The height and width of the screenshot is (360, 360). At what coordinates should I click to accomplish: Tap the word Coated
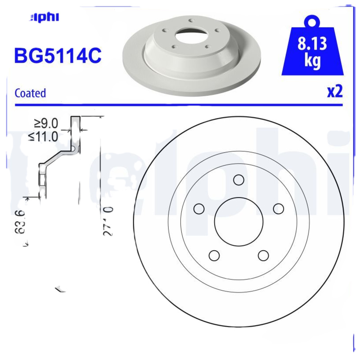tap(30, 93)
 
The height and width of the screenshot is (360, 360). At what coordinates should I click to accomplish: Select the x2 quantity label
tap(334, 91)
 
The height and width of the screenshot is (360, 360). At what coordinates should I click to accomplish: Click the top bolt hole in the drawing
tap(238, 180)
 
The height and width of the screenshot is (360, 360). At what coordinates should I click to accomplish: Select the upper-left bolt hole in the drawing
tap(198, 209)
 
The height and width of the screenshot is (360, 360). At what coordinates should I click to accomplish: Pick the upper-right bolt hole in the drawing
tap(279, 209)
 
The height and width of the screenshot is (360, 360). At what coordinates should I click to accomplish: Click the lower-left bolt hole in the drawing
tap(214, 256)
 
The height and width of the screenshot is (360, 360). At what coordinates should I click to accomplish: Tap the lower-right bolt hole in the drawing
tap(263, 256)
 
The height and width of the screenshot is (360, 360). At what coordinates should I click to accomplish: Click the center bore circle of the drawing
tap(238, 222)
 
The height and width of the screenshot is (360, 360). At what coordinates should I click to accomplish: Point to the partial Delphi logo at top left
tap(45, 18)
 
